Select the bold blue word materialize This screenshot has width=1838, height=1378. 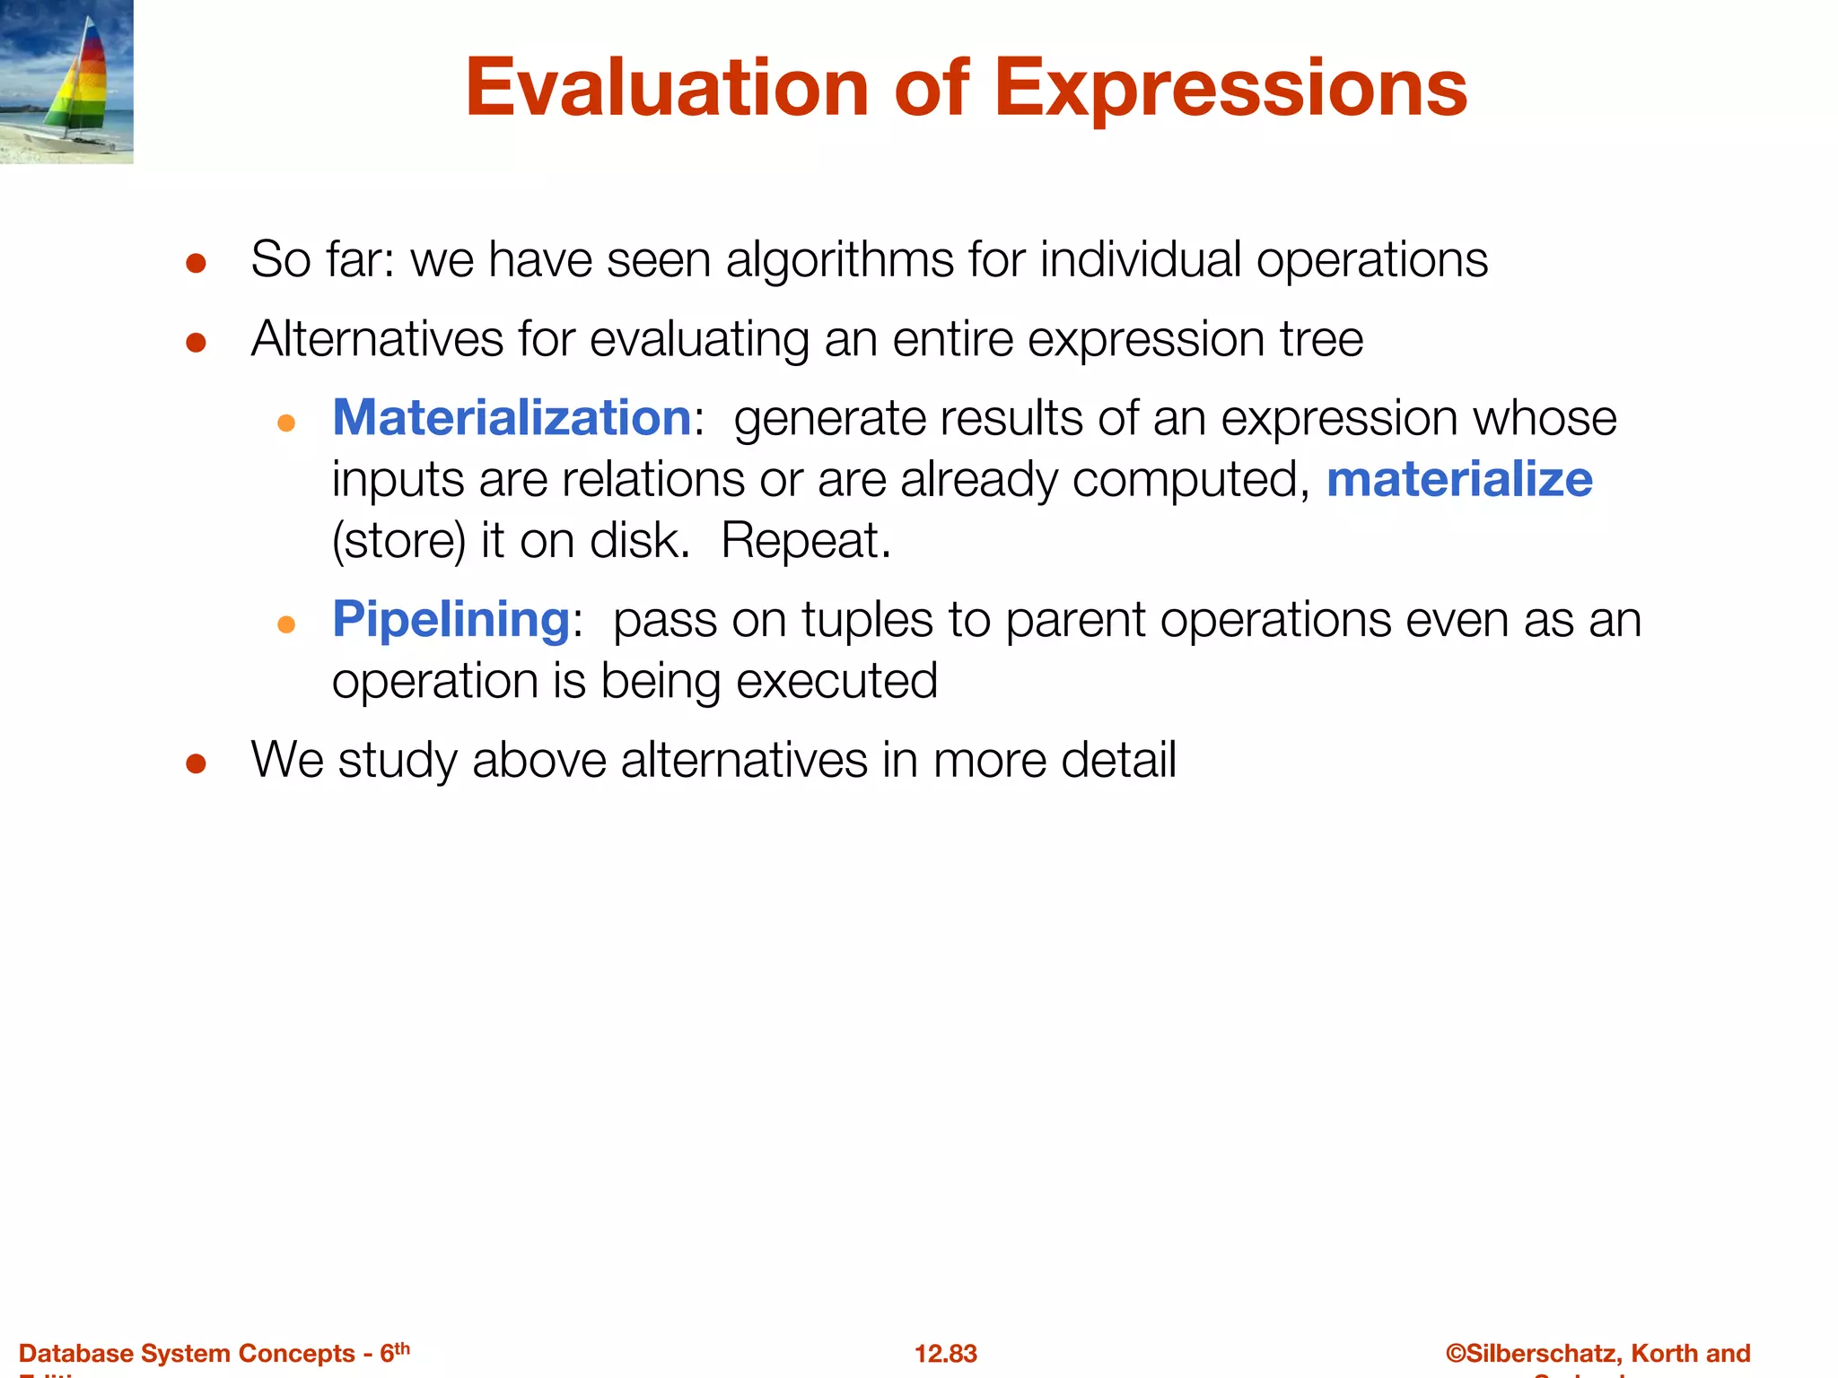(1459, 479)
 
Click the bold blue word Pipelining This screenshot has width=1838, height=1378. (451, 619)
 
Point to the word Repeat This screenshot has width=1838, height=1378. (805, 541)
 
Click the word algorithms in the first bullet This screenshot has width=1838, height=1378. (840, 260)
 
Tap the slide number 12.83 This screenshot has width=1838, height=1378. (945, 1353)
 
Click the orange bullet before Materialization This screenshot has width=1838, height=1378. (286, 423)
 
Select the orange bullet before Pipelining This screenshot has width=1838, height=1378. (286, 624)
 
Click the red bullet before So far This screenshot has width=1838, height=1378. (197, 264)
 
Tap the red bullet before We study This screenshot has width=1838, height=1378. (197, 764)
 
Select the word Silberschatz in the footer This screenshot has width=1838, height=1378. (1543, 1353)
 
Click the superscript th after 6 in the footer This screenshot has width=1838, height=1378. (402, 1347)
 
